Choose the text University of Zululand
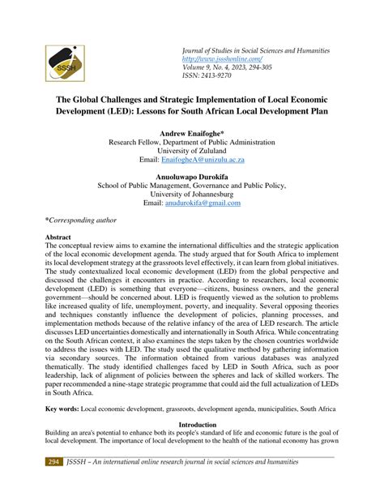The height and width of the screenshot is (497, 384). click(x=193, y=151)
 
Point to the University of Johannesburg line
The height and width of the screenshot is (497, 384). click(x=193, y=195)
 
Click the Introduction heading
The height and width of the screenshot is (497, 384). click(x=193, y=424)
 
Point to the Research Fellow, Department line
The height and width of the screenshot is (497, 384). click(x=193, y=141)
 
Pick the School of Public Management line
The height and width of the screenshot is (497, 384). click(x=193, y=186)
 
